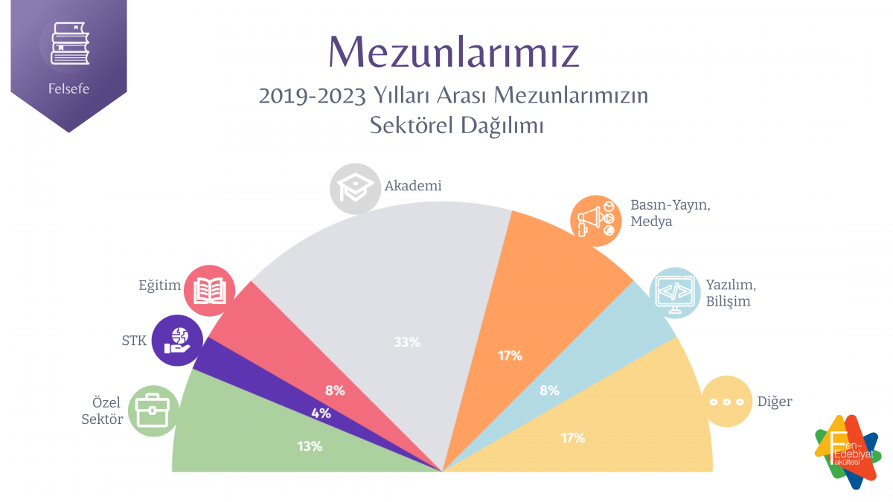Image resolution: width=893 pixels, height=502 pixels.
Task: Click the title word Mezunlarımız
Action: tap(454, 51)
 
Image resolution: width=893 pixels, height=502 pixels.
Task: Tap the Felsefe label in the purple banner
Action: tap(68, 89)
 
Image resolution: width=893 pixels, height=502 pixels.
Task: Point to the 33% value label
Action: tap(408, 342)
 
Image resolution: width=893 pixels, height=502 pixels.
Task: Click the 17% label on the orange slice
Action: tap(510, 355)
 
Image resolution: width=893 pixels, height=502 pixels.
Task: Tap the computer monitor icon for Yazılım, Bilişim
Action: tap(675, 292)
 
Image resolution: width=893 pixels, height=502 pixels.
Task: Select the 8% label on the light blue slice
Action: tap(548, 390)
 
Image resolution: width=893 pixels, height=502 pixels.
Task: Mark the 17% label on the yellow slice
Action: tap(573, 438)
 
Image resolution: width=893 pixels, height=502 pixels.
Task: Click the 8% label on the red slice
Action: tap(335, 390)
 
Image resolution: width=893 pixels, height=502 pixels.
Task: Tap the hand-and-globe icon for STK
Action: tap(176, 340)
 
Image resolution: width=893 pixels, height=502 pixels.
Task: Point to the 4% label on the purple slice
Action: tap(321, 413)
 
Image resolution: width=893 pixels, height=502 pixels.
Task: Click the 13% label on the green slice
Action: tap(309, 446)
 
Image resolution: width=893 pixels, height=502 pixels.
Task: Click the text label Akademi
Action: tap(413, 186)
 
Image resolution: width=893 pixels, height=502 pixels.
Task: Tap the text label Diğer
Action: tap(774, 402)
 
